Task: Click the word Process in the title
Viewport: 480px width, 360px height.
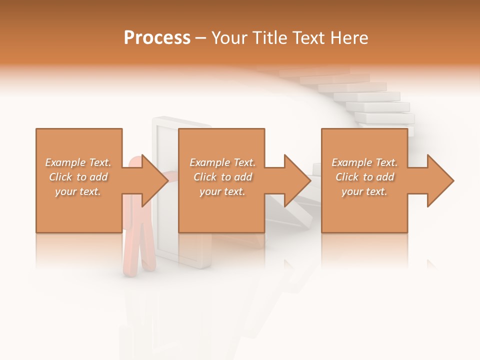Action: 157,38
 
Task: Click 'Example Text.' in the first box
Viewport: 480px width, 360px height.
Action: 78,162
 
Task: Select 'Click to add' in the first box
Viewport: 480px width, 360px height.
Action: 78,177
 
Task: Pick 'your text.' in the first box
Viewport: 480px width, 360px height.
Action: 78,191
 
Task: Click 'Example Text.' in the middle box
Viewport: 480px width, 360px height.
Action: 222,162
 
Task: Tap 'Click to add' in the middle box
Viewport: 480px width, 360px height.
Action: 222,177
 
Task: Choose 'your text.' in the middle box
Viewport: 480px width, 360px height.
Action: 222,191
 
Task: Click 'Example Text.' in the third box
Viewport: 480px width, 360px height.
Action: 364,162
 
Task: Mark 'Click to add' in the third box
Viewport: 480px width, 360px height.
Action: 364,177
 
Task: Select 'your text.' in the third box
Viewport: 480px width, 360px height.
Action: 364,191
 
